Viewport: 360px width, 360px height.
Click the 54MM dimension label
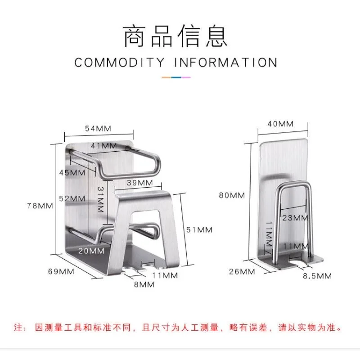pos(98,128)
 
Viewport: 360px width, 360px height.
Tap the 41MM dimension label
pos(103,146)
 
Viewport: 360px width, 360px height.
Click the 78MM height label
pos(40,206)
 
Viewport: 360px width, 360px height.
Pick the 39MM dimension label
pos(139,183)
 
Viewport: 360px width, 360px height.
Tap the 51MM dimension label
pos(199,230)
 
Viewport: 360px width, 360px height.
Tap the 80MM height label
pos(231,195)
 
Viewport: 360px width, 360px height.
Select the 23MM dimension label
pos(295,218)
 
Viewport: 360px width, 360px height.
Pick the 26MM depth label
pos(242,271)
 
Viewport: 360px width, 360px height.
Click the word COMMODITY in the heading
pos(119,62)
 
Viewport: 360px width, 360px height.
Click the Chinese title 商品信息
pos(176,37)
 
